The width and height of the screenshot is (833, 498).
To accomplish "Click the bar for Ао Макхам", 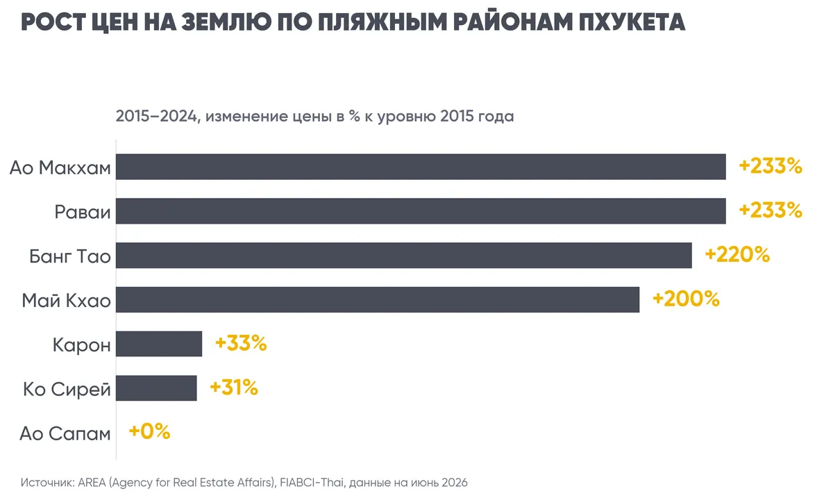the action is pos(421,167).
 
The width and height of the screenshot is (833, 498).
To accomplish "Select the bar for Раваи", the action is pos(421,211).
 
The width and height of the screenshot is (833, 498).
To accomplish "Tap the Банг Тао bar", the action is pos(404,256).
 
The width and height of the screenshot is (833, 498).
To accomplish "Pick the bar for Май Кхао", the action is pos(378,299).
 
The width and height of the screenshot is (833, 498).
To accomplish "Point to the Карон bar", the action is pos(159,344).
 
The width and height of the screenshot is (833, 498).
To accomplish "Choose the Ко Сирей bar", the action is pos(156,388).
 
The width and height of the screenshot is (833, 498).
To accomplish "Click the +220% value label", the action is pos(737,255).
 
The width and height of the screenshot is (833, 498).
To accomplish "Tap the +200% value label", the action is pos(686,299).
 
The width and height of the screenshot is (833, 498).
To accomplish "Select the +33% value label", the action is pos(241,343).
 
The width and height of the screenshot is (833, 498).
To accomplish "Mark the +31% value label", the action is pos(234,388).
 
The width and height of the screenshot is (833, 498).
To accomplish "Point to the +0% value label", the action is pos(149,432).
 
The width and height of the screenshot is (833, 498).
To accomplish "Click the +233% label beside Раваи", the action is pos(771,210).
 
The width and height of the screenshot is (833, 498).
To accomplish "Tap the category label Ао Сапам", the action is pos(65,433).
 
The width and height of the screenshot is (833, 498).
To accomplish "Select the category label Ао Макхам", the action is pos(60,168).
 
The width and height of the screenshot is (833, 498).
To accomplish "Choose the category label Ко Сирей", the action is pos(67,390).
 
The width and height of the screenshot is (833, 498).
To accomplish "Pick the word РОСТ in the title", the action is pos(53,22).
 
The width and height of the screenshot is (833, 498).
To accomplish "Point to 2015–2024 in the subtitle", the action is pos(156,117).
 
